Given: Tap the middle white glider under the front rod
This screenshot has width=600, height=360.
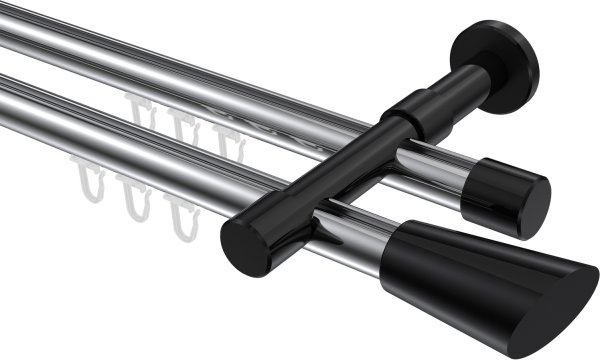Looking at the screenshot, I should (x=134, y=198).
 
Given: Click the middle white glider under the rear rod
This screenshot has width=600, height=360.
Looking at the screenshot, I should (x=181, y=124).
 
